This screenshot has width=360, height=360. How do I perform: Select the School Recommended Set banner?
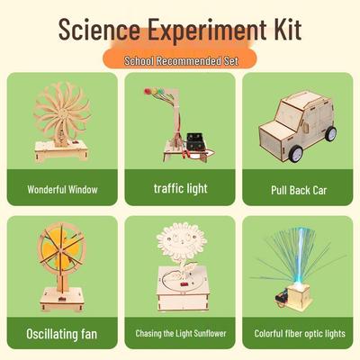(179, 59)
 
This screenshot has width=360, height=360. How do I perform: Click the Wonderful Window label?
(62, 191)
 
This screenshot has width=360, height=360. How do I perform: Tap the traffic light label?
(180, 190)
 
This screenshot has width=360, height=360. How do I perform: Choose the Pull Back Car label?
(297, 191)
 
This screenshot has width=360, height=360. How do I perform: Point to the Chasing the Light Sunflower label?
(180, 334)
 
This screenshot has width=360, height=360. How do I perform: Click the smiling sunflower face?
(177, 242)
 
